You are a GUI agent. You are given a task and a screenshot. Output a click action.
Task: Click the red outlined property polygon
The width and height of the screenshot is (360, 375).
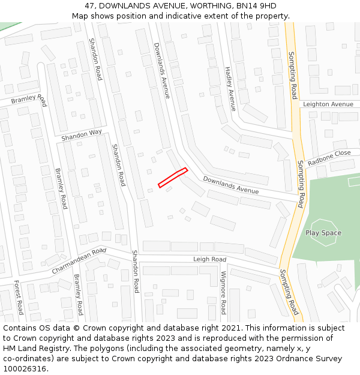173,178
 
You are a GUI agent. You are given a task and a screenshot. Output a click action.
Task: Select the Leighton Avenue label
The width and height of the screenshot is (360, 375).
328,104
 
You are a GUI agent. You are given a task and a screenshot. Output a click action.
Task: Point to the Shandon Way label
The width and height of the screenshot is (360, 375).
82,136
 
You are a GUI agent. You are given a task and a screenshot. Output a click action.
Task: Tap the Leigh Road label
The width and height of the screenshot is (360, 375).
209,259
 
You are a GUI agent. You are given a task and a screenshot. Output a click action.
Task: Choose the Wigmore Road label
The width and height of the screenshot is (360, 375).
223,292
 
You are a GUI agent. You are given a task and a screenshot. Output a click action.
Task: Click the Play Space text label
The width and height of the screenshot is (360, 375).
323,233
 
